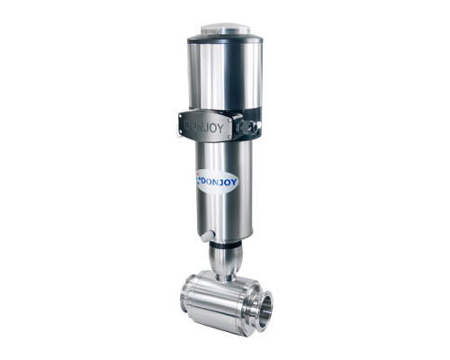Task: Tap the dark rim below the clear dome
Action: tap(225, 40)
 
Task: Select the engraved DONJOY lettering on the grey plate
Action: tap(204, 128)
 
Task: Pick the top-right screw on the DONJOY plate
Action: tap(229, 120)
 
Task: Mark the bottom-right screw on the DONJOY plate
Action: tap(229, 137)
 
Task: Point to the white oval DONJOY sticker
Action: tap(217, 181)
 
